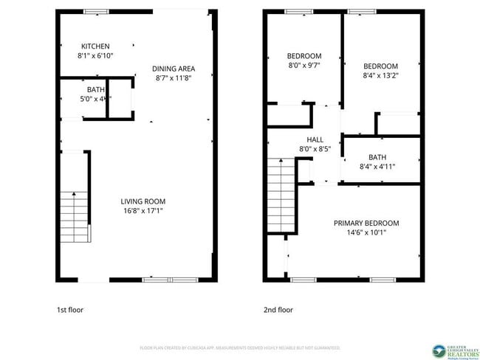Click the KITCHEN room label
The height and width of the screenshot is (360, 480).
tap(96, 46)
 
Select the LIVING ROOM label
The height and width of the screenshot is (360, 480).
tap(143, 201)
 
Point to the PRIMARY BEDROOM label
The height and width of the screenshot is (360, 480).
tap(366, 223)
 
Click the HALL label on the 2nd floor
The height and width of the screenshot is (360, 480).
tap(315, 139)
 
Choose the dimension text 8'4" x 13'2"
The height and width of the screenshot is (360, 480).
tap(380, 75)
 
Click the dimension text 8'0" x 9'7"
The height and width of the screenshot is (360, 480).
tap(304, 65)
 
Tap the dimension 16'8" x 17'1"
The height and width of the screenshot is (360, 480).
tap(143, 210)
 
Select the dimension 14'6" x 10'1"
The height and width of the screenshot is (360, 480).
tap(366, 232)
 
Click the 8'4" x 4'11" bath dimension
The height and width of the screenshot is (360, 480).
tap(377, 166)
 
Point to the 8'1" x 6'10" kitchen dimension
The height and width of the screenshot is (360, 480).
tap(96, 55)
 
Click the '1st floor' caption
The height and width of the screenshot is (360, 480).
tap(70, 310)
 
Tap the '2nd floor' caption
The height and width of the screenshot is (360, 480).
tap(278, 310)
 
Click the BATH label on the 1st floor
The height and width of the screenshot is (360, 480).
tap(75, 89)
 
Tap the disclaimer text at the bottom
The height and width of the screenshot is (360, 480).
tap(239, 347)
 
